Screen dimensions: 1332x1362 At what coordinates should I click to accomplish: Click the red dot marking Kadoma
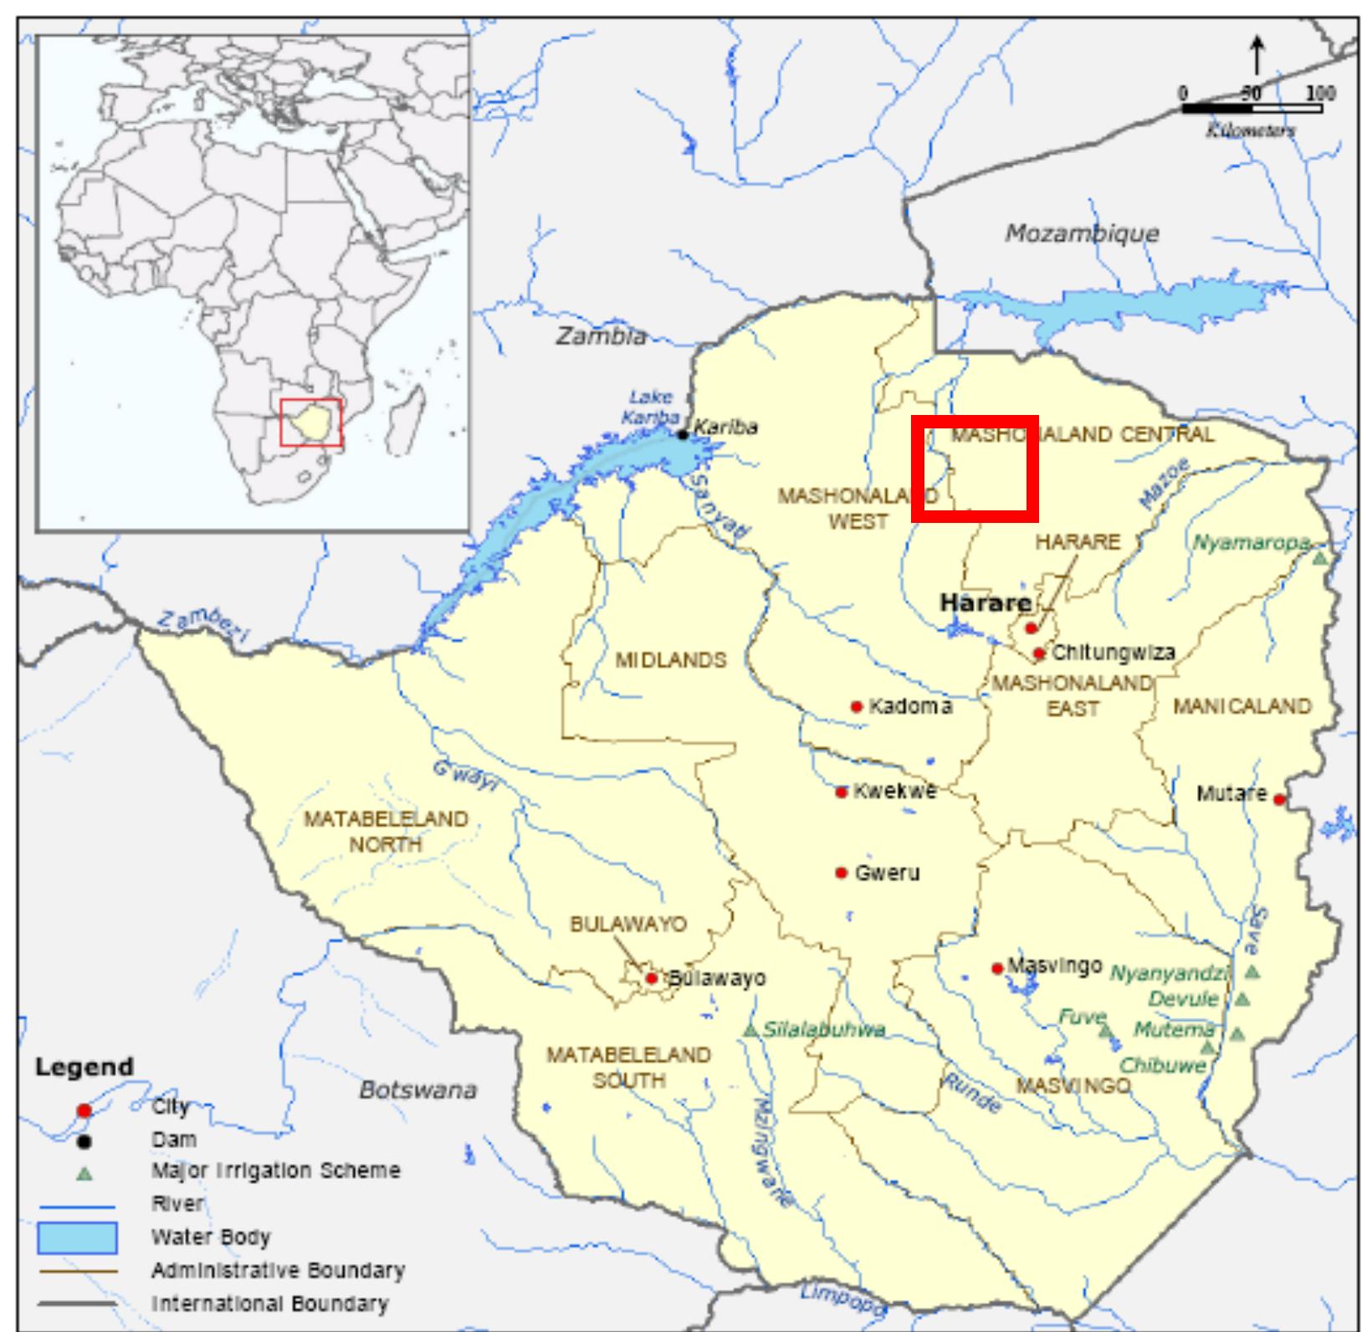click(x=856, y=707)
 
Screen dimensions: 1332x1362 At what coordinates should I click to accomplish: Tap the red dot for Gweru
click(x=841, y=873)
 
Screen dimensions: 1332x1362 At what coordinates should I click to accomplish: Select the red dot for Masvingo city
click(x=996, y=969)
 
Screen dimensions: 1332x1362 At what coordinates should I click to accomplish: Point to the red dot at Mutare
click(x=1278, y=800)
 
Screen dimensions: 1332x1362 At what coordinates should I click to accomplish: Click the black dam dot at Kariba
click(x=683, y=434)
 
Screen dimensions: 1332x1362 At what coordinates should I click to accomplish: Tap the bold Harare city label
click(x=985, y=602)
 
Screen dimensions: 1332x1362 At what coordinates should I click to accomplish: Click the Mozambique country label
click(x=1081, y=233)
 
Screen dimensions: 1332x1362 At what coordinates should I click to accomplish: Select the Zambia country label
click(x=601, y=336)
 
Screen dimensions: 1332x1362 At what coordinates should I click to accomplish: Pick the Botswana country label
click(x=417, y=1090)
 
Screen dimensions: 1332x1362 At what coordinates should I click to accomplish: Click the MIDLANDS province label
click(x=671, y=660)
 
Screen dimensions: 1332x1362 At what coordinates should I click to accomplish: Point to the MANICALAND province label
click(x=1242, y=707)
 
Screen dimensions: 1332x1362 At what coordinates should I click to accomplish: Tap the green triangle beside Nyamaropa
click(x=1319, y=557)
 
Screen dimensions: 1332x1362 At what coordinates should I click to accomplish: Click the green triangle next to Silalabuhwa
click(x=750, y=1030)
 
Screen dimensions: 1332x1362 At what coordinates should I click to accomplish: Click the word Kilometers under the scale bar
click(x=1251, y=130)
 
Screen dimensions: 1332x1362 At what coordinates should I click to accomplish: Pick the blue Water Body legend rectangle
click(x=76, y=1237)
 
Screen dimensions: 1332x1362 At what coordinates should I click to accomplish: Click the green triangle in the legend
click(x=84, y=1174)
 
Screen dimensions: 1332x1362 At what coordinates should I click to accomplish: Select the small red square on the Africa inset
click(x=310, y=423)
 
